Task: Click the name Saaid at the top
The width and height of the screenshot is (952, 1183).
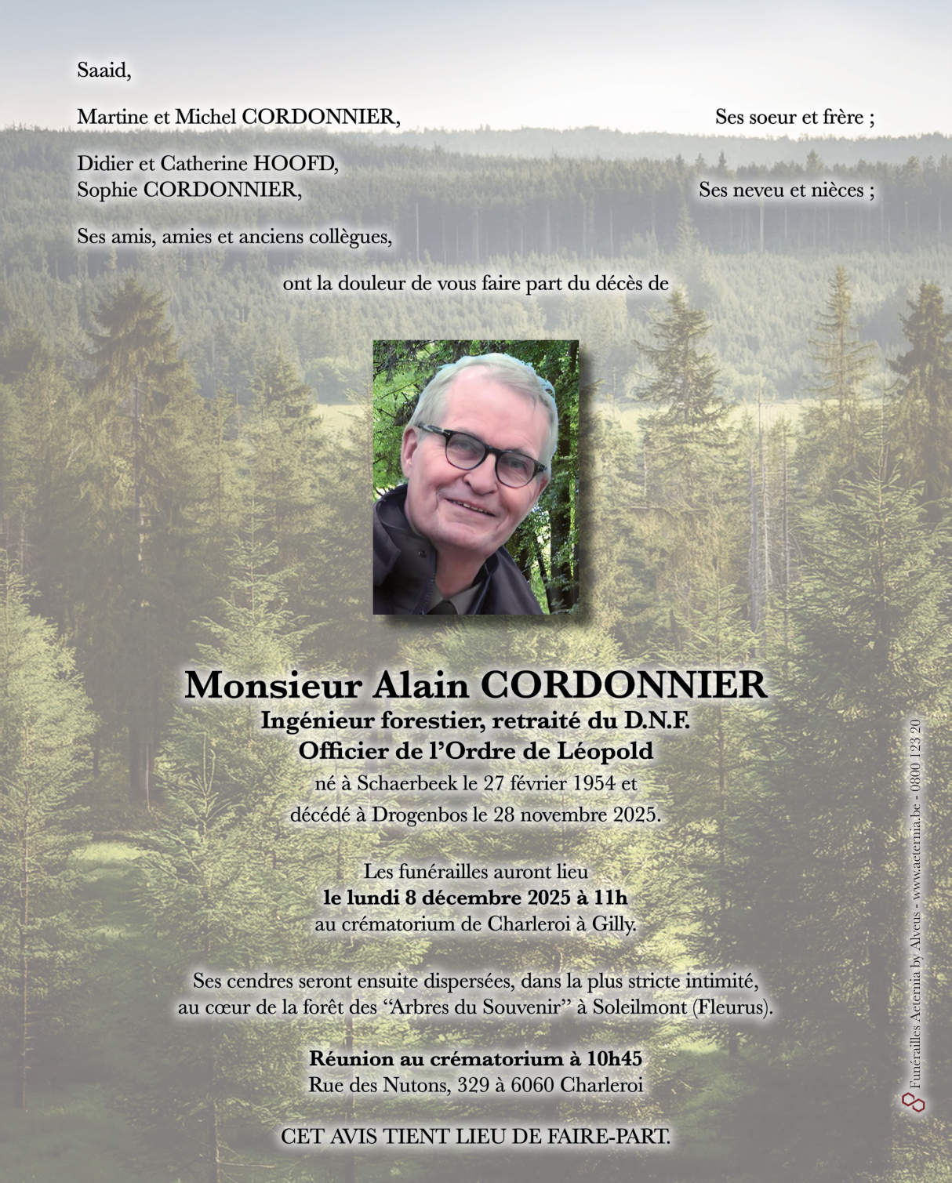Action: click(x=104, y=71)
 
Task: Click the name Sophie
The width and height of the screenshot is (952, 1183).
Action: click(x=107, y=190)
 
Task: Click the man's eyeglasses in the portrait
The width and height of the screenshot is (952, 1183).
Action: click(x=480, y=455)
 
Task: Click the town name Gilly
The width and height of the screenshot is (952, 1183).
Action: click(x=612, y=924)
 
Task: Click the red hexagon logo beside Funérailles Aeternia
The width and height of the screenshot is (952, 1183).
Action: click(x=914, y=1102)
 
